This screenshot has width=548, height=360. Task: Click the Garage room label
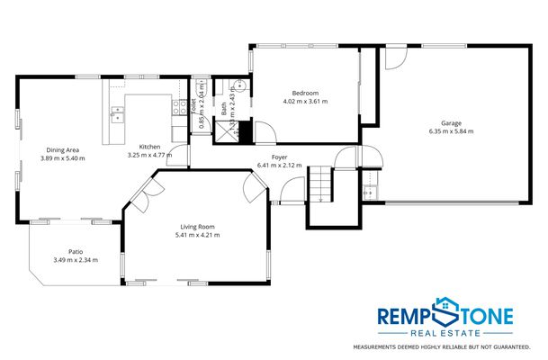click(x=451, y=121)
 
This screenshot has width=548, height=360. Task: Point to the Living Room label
click(x=197, y=226)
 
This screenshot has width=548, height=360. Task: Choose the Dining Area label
click(x=62, y=149)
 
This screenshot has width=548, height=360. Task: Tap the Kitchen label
click(x=149, y=147)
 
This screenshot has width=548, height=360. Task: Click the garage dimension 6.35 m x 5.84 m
click(x=451, y=131)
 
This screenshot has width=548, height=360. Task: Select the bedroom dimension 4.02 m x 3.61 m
click(x=305, y=102)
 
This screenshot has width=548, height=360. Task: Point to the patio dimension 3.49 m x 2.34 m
click(x=76, y=260)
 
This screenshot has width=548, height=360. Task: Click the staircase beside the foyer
click(x=321, y=185)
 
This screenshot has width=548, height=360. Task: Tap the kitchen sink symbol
click(x=118, y=114)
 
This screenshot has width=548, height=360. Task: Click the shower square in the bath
click(x=220, y=133)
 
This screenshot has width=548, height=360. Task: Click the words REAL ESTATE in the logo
click(x=446, y=333)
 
